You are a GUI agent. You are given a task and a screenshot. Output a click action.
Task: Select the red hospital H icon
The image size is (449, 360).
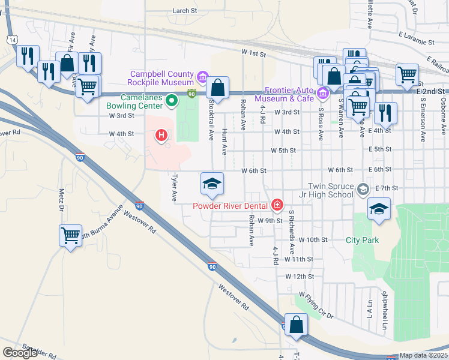point(161,136)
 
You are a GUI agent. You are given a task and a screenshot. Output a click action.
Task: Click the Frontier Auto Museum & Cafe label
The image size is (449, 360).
point(285,94)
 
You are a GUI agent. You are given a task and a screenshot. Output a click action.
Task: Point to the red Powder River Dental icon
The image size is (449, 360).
point(277,206)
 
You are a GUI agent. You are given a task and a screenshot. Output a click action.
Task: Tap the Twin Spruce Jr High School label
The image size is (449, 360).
point(330,190)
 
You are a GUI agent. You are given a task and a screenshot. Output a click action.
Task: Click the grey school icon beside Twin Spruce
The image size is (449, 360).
point(363,190)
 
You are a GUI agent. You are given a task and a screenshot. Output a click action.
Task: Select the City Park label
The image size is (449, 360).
point(363,240)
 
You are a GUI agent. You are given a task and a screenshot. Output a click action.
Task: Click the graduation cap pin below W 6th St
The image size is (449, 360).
point(212,184)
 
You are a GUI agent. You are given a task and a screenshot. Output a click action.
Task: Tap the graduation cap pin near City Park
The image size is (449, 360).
point(379,209)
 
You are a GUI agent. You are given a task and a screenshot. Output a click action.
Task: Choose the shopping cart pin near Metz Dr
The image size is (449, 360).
point(70,235)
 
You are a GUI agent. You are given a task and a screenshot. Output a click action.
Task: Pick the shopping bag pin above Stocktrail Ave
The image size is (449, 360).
point(218,86)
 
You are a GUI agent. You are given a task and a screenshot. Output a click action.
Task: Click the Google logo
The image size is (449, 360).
point(20,352)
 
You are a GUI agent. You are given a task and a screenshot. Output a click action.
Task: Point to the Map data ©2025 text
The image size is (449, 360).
point(424,355)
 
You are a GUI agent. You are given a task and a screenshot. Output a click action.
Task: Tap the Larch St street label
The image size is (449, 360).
point(185,11)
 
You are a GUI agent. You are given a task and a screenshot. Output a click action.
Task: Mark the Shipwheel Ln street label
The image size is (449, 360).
point(383,311)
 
